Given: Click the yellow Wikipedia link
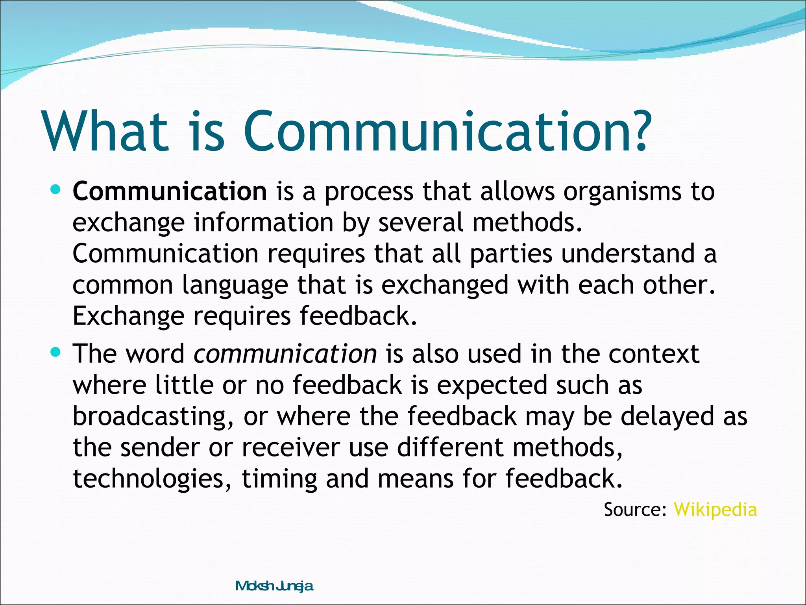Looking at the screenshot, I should coord(715,510).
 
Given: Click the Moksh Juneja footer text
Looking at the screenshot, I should coord(274,586).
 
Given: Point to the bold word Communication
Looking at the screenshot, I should coord(170,191).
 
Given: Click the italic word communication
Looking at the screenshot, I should coord(285,354).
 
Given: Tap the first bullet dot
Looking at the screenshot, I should coord(55,190).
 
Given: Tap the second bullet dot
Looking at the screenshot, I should coord(55,352).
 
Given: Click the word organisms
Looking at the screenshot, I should coord(622,192).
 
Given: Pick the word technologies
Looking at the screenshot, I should coord(152,479).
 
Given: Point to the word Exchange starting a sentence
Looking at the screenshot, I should coord(128,316).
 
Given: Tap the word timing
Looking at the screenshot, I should coord(279,479).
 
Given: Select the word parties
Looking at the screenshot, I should coord(511,254).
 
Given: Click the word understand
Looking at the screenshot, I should coord(628,254).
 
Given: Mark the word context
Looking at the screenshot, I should coord(654,354).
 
